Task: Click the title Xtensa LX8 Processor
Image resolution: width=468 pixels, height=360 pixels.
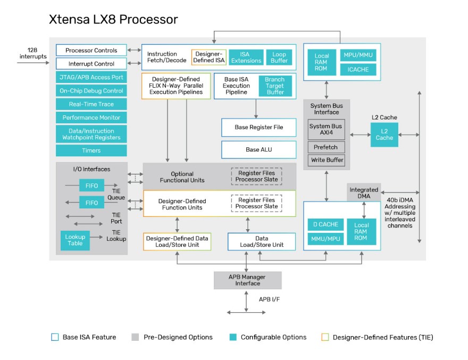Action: point(113,20)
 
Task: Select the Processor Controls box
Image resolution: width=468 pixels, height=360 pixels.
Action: point(91,51)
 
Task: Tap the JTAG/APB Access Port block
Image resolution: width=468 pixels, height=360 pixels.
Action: point(91,78)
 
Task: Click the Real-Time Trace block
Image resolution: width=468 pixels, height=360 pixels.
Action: point(91,104)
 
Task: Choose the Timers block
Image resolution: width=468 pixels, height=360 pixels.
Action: point(91,150)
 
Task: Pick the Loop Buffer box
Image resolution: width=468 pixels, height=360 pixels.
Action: point(279,57)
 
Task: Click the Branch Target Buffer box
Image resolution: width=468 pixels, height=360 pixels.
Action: point(275,86)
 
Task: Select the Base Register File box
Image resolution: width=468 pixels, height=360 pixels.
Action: point(258,128)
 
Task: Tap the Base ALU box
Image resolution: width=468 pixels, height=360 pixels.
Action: point(258,149)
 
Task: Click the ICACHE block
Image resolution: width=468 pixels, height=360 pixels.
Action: point(358,70)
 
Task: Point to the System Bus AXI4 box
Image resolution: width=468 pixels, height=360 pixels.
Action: point(326,129)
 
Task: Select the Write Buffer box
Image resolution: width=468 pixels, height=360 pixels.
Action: point(326,160)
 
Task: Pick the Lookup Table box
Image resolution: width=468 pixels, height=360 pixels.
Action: point(75,240)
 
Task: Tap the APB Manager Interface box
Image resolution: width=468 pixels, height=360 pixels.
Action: point(247,280)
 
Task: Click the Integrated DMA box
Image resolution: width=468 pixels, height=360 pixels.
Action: point(364,193)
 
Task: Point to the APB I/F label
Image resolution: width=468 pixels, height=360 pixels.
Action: point(269,300)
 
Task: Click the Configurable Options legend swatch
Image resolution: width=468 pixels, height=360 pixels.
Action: point(233,337)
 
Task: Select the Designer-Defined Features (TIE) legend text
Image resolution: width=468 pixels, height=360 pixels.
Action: point(383,337)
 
